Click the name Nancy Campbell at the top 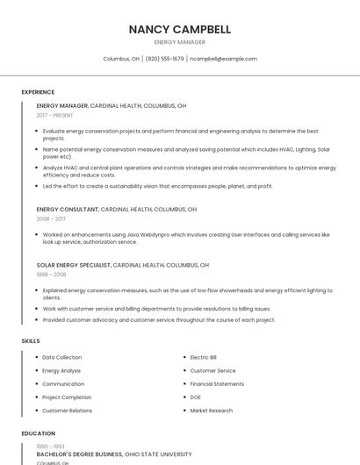180,29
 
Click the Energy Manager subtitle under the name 180,42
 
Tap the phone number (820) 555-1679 164,59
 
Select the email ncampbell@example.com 223,59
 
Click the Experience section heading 38,92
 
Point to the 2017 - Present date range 54,115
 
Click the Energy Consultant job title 67,210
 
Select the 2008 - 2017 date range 51,219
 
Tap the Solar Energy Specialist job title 74,265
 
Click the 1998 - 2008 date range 51,275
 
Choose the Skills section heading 31,340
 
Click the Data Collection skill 61,357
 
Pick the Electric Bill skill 204,357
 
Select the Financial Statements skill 217,384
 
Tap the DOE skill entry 196,397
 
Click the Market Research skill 211,411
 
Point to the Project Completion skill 67,397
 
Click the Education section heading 38,433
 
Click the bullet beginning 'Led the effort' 158,186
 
